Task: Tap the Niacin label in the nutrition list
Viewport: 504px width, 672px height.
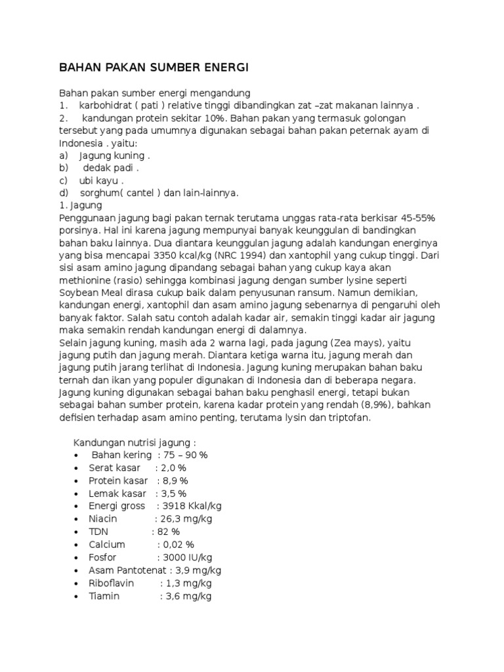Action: pos(103,518)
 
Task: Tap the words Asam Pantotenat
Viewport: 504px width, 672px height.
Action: pos(121,570)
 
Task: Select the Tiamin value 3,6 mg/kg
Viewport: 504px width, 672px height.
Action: pos(188,596)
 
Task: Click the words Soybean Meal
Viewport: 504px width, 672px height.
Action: pos(89,293)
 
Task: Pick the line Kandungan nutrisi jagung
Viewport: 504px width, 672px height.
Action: pos(134,442)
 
